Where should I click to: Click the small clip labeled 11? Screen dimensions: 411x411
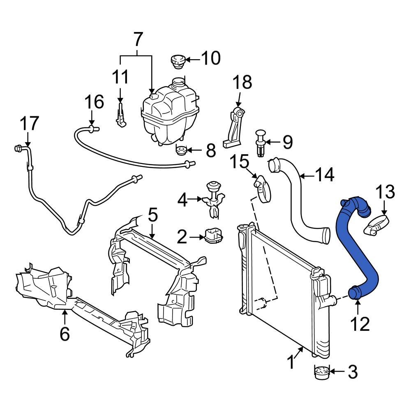click(120, 117)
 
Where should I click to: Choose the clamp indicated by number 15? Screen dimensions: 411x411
click(261, 187)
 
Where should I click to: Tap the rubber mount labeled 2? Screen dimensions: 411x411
click(214, 236)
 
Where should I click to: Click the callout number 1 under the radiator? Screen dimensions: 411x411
click(291, 363)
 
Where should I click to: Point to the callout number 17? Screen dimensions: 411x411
click(29, 124)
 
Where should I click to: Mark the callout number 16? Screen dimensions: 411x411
click(94, 102)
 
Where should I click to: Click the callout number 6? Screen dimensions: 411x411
click(65, 334)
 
